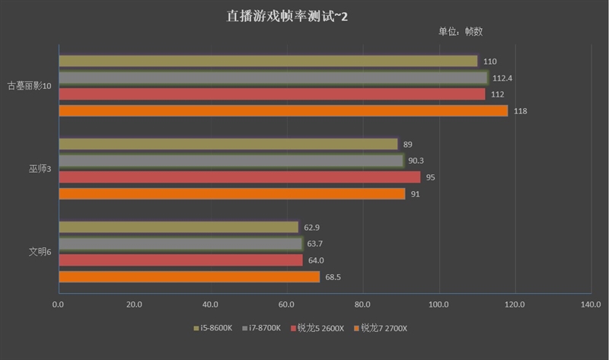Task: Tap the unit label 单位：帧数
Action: tap(460, 32)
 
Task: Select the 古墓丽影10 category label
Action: tap(30, 86)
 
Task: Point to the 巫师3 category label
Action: tap(40, 169)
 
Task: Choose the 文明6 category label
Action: tap(40, 252)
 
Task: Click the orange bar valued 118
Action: tap(283, 111)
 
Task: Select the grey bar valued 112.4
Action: tap(273, 78)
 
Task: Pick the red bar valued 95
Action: tap(239, 177)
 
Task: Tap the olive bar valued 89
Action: tap(228, 144)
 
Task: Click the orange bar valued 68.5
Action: tap(189, 277)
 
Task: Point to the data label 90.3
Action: tap(416, 161)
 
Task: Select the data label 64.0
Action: tap(316, 260)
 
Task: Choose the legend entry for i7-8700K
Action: tap(263, 328)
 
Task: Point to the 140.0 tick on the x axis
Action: tap(591, 304)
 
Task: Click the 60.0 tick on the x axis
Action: tap(286, 304)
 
